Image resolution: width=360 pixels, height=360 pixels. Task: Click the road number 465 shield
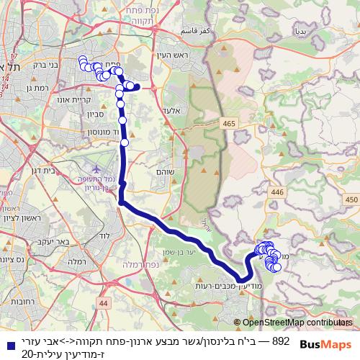click(x=229, y=125)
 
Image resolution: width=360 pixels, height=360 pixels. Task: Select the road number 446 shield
click(x=277, y=192)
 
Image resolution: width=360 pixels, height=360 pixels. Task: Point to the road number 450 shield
click(x=351, y=199)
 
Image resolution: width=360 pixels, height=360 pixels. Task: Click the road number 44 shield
click(x=104, y=305)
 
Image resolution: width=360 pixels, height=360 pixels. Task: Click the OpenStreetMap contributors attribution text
click(x=296, y=323)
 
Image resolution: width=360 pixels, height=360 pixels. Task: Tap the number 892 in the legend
click(x=282, y=339)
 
